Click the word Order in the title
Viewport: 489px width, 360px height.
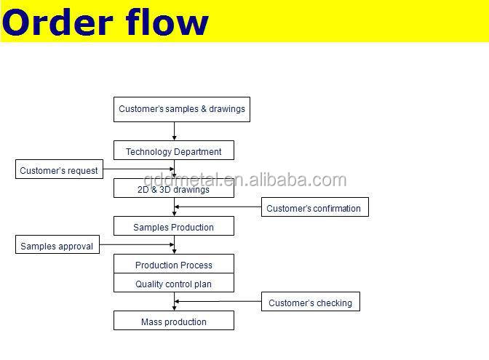click(57, 23)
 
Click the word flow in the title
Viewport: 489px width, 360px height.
click(167, 21)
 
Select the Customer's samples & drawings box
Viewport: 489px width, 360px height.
click(182, 109)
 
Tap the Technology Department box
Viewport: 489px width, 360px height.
click(174, 151)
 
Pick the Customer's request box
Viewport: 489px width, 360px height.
click(59, 169)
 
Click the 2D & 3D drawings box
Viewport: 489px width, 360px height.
click(174, 188)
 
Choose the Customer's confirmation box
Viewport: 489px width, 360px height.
click(315, 207)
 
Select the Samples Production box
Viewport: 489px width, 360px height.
click(174, 226)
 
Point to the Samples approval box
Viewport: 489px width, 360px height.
click(57, 244)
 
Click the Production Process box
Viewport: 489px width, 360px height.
click(174, 264)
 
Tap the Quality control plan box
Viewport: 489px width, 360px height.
click(174, 283)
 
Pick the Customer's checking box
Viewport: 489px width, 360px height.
click(311, 301)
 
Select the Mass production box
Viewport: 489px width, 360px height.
click(174, 321)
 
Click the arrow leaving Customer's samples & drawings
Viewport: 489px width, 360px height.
click(175, 131)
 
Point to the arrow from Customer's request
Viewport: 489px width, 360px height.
click(139, 169)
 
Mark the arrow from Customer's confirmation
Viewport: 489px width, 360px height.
click(218, 207)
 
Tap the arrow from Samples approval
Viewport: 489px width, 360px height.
click(137, 244)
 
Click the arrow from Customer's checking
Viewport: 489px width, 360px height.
click(218, 301)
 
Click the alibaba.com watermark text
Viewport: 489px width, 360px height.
click(244, 180)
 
